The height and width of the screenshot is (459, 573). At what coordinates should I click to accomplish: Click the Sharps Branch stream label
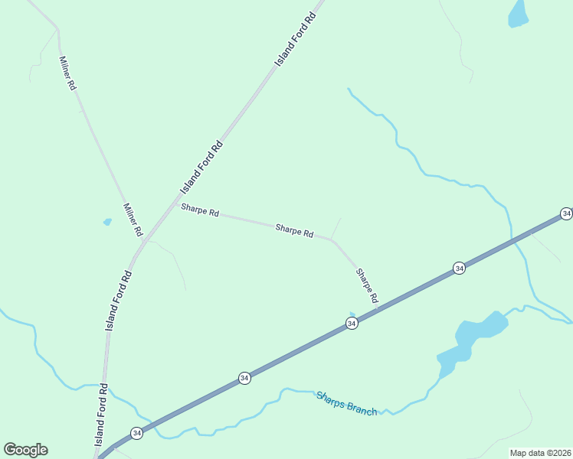point(347,403)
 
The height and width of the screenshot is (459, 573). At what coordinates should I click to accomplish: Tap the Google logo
point(25,450)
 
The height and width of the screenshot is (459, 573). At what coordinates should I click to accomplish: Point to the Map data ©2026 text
point(540,453)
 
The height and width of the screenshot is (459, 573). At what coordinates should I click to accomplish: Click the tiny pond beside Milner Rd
point(107,222)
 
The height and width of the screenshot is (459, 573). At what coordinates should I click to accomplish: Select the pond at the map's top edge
point(519,14)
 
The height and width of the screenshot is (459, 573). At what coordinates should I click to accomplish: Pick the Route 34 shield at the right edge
point(565,213)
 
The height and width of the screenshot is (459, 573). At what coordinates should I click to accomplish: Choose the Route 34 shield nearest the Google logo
point(136,433)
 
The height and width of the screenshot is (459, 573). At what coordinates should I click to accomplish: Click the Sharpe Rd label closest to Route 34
point(366,286)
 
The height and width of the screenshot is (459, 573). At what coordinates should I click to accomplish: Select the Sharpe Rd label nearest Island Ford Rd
point(200,210)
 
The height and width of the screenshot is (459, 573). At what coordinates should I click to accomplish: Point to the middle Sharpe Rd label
point(294,229)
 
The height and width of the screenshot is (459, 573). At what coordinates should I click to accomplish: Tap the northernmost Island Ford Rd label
point(296,37)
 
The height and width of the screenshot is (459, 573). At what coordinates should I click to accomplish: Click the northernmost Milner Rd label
point(67,73)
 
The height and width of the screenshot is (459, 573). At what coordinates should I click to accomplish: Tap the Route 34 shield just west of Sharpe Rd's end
point(351,324)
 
